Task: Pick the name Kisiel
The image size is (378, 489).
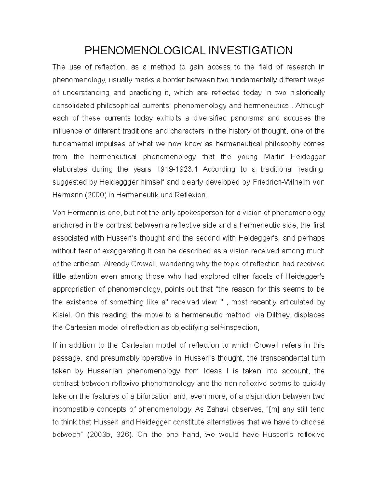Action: (x=62, y=315)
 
